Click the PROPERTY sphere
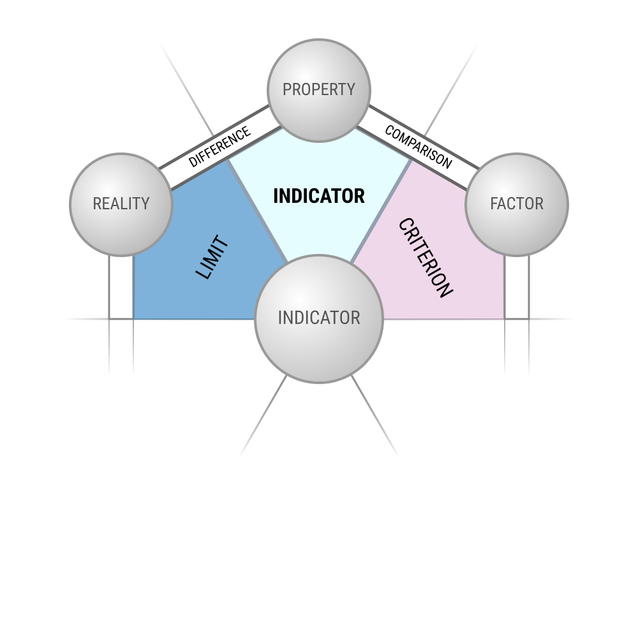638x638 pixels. pos(319,91)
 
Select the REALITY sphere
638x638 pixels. pos(121,205)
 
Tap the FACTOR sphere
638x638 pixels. pos(517,205)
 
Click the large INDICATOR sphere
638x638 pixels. pos(319,319)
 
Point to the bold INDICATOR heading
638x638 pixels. pos(319,196)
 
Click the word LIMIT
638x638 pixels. pos(212,257)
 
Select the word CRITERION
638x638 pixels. pos(425,258)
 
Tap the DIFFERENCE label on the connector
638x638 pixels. pos(219,147)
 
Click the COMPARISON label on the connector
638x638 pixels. pos(419,147)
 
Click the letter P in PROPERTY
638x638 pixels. pos(287,89)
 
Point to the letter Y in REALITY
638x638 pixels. pos(145,204)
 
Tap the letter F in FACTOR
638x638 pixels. pos(494,204)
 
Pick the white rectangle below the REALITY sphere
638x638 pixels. pos(121,287)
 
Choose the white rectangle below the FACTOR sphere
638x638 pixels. pos(517,287)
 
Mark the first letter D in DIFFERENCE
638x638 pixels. pos(193,161)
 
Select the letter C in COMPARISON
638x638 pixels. pos(390,131)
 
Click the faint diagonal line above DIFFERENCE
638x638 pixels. pos(187,89)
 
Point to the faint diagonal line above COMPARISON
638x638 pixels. pos(451,89)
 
